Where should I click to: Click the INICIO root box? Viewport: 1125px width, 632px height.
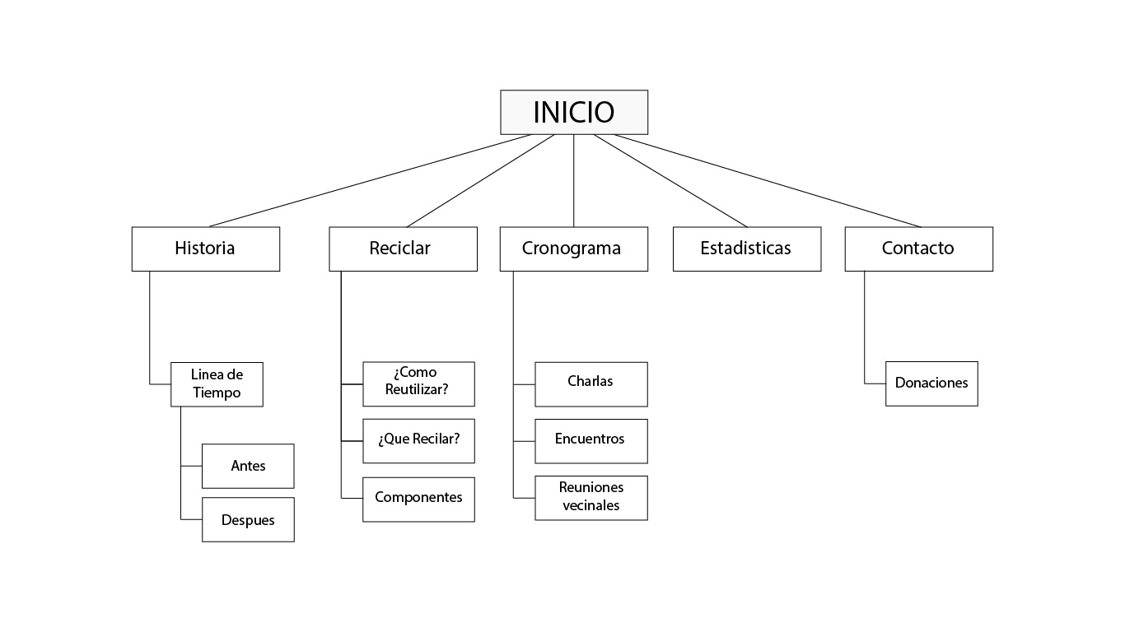pyautogui.click(x=574, y=112)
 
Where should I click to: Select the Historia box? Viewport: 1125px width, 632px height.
pyautogui.click(x=205, y=249)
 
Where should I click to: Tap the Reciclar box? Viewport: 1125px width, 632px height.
pyautogui.click(x=403, y=249)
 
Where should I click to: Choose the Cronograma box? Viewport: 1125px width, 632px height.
pyautogui.click(x=573, y=249)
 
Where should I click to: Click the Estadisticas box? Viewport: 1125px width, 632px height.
pyautogui.click(x=746, y=249)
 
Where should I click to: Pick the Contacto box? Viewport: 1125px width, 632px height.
pyautogui.click(x=918, y=249)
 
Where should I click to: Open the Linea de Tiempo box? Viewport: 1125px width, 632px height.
pyautogui.click(x=217, y=383)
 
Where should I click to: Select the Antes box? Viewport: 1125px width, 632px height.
pyautogui.click(x=248, y=466)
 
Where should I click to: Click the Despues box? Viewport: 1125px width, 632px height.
pyautogui.click(x=248, y=519)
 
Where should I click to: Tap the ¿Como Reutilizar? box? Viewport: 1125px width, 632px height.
pyautogui.click(x=418, y=383)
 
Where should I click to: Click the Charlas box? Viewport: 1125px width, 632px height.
pyautogui.click(x=591, y=383)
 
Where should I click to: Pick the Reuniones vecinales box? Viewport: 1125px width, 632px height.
pyautogui.click(x=591, y=497)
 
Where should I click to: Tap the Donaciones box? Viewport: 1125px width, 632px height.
pyautogui.click(x=931, y=383)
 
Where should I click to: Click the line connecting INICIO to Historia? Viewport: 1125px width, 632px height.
pyautogui.click(x=371, y=180)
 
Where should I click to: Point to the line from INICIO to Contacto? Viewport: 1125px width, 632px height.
pyautogui.click(x=766, y=180)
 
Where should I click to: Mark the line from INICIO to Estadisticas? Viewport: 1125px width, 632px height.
pyautogui.click(x=671, y=181)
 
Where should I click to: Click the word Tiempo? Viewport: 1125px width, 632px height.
pyautogui.click(x=217, y=393)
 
